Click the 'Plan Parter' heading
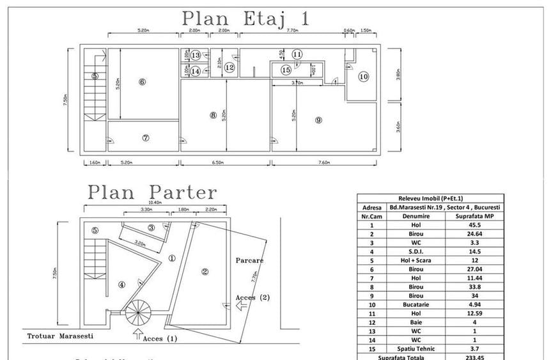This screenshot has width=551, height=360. (x=152, y=191)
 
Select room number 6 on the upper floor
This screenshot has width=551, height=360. (x=142, y=81)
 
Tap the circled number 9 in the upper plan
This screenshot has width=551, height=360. (x=318, y=120)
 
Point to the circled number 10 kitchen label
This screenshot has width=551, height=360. (x=363, y=77)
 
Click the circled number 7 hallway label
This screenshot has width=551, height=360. (x=145, y=137)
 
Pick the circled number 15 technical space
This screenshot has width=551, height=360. (x=286, y=69)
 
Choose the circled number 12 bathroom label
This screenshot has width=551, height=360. (x=229, y=67)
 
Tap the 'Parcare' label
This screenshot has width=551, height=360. (x=249, y=260)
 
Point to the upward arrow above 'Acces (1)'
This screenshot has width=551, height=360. (x=137, y=333)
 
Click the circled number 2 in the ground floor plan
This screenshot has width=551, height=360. (x=205, y=271)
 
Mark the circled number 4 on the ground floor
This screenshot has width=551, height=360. (x=121, y=284)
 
